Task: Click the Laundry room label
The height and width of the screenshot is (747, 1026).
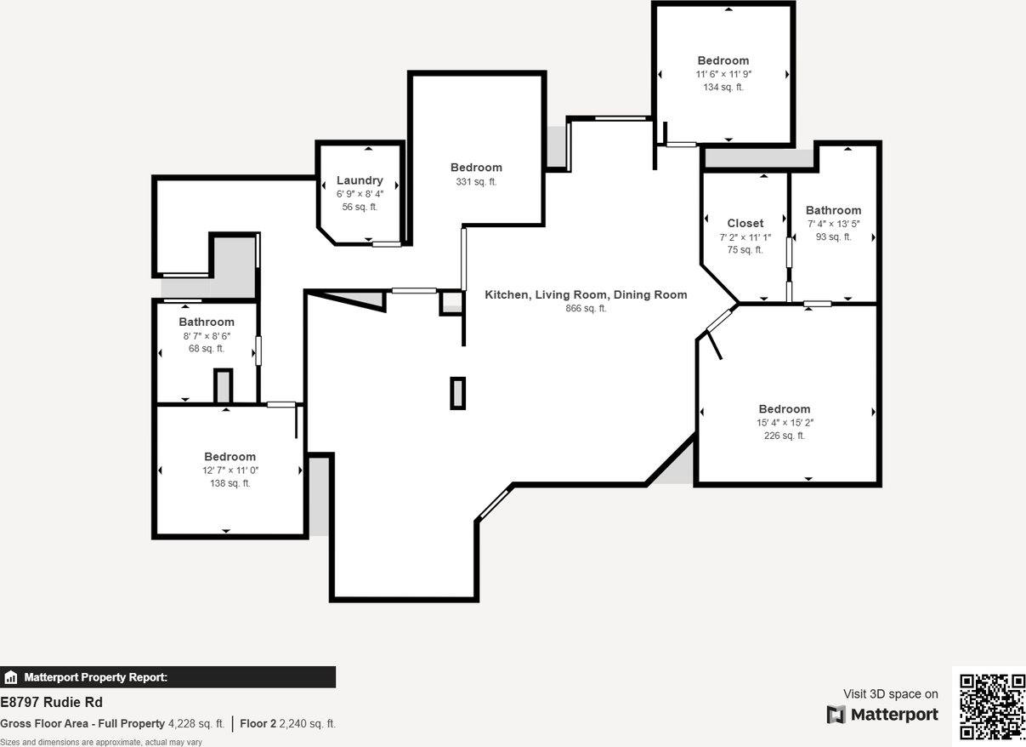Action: [360, 180]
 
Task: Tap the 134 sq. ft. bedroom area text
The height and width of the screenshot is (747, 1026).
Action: [723, 87]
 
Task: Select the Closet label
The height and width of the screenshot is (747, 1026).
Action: [745, 224]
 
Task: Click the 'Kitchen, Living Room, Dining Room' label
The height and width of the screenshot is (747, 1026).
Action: [586, 294]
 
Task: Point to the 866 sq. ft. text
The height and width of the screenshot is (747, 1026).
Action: [586, 309]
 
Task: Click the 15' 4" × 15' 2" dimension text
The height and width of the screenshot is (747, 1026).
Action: [785, 423]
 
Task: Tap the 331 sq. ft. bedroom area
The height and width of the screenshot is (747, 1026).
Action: [476, 182]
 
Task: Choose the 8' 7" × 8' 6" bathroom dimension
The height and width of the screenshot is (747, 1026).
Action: [207, 336]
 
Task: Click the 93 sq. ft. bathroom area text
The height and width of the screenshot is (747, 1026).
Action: [833, 237]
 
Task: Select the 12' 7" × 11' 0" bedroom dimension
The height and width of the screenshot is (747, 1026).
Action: [230, 470]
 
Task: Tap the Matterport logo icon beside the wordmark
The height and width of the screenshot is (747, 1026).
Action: [836, 715]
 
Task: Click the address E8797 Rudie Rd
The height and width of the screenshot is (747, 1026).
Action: [51, 703]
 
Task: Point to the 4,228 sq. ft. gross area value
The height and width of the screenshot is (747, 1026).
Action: [196, 724]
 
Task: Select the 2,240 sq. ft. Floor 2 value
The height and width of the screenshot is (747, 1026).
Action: [308, 724]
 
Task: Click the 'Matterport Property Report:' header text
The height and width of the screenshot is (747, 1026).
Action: [95, 678]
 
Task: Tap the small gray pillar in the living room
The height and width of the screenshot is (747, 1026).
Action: [457, 393]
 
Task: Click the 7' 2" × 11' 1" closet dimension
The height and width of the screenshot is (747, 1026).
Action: [745, 237]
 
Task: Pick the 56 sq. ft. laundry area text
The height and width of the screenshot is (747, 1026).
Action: [360, 207]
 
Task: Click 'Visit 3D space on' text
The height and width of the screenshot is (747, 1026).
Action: [890, 694]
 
